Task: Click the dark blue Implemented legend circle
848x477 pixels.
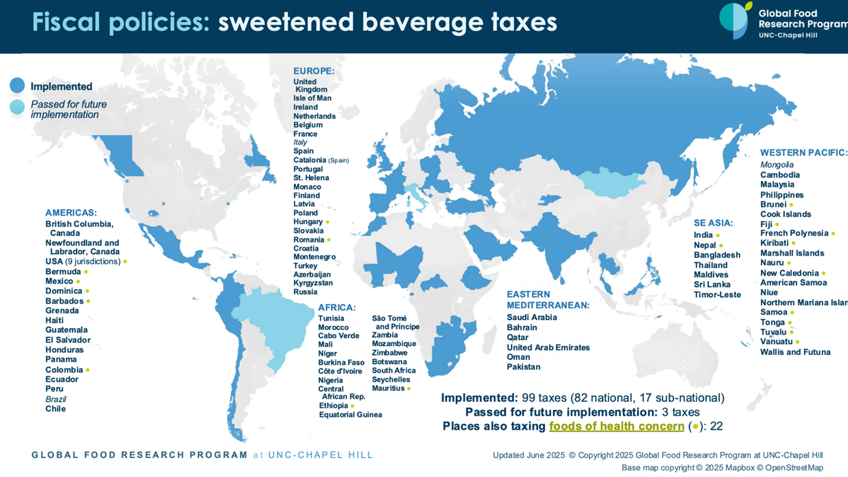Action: coord(17,86)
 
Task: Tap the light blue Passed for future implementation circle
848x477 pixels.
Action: coord(17,107)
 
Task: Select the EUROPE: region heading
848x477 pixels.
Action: coord(314,71)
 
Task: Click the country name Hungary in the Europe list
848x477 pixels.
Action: coord(308,222)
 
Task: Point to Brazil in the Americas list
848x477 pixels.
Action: coord(56,399)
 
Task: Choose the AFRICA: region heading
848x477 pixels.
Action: coord(337,307)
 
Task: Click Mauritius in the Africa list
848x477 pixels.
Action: coord(388,389)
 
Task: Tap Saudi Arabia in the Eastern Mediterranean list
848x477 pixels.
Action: coord(531,317)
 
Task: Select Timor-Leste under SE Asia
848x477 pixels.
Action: coord(717,295)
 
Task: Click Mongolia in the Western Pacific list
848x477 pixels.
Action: coord(777,165)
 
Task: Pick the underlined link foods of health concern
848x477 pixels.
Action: coord(617,426)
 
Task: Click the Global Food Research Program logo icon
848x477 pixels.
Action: coord(735,20)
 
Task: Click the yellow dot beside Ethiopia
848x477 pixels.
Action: coord(353,406)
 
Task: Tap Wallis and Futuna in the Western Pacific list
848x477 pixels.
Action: coord(795,352)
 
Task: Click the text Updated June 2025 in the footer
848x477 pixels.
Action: coord(528,455)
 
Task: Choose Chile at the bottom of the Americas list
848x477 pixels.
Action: coord(56,409)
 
